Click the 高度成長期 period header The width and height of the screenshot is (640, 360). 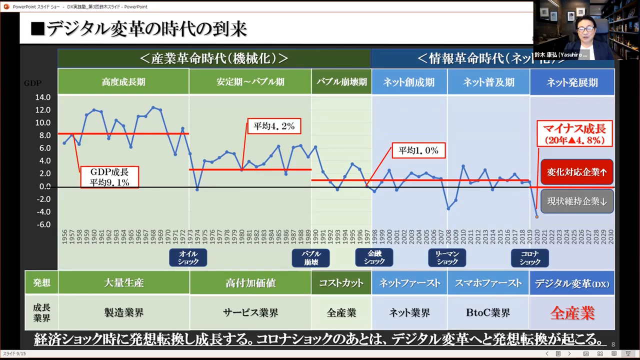click(x=123, y=82)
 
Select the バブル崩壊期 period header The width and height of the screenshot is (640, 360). click(x=341, y=82)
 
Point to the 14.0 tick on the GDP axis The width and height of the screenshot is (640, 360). click(x=43, y=97)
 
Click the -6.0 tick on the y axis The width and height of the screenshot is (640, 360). click(x=43, y=224)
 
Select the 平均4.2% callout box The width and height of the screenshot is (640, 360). click(x=274, y=126)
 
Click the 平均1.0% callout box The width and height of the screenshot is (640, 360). click(x=418, y=150)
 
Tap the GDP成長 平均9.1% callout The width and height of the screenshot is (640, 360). click(x=109, y=177)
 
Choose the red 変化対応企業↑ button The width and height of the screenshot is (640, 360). click(x=577, y=172)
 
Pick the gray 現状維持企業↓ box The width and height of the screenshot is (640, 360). click(x=577, y=201)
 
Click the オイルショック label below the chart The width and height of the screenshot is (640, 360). click(x=188, y=258)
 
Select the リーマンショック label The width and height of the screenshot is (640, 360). click(x=447, y=258)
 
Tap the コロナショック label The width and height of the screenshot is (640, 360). click(x=530, y=258)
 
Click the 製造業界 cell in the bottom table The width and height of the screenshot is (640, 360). click(x=124, y=313)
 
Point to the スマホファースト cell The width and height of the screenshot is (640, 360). click(x=488, y=283)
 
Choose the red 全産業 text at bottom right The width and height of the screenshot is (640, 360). click(x=572, y=313)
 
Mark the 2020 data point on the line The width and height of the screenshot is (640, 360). click(x=537, y=216)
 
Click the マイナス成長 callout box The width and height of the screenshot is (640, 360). click(x=574, y=133)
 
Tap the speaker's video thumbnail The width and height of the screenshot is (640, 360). click(x=586, y=30)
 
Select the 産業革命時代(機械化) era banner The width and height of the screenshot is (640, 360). click(x=214, y=58)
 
